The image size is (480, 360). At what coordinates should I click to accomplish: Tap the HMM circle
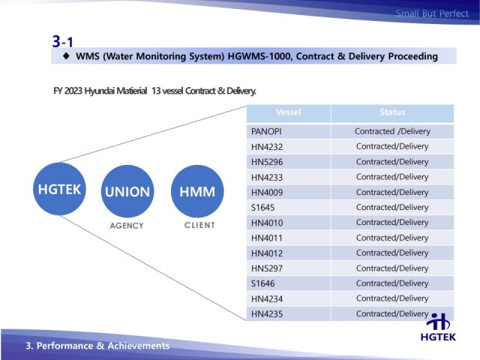click(x=197, y=191)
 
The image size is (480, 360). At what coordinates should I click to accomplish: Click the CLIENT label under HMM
click(x=198, y=225)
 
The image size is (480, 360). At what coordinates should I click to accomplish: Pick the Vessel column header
click(x=289, y=112)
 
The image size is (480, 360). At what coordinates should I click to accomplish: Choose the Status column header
click(x=392, y=112)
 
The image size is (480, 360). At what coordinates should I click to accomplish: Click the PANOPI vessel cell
click(x=289, y=131)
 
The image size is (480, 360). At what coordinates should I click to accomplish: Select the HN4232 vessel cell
click(x=289, y=146)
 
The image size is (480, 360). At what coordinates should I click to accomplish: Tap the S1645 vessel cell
click(x=289, y=207)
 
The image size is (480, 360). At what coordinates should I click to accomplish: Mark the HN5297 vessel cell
click(x=289, y=268)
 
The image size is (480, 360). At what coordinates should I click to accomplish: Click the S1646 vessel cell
click(x=289, y=283)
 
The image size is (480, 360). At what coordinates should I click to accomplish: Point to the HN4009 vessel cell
click(x=289, y=192)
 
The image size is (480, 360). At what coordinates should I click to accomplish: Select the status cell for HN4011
click(x=392, y=238)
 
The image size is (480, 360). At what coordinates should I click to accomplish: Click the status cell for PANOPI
click(x=392, y=131)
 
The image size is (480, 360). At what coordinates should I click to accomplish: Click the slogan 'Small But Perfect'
click(x=432, y=13)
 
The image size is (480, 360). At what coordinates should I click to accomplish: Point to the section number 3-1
click(x=63, y=40)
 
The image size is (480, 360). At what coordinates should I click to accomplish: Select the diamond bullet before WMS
click(x=66, y=56)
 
